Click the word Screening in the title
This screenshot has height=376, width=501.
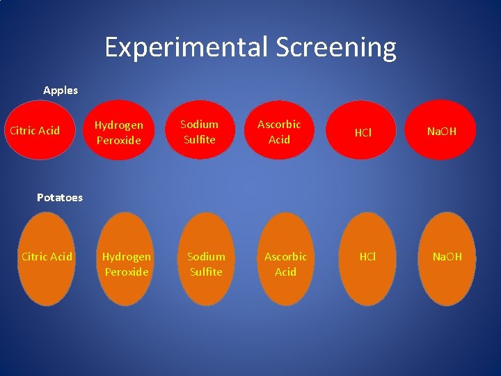[x=336, y=47]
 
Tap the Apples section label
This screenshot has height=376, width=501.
[x=61, y=90]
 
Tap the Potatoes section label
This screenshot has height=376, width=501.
[x=59, y=197]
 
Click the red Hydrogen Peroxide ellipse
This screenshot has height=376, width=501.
[x=118, y=132]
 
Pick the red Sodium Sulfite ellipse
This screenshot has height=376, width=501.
[x=199, y=132]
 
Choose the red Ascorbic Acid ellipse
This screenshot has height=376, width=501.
[x=279, y=132]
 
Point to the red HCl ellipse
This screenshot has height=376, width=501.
[x=363, y=132]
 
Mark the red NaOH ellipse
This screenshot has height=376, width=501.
[x=442, y=132]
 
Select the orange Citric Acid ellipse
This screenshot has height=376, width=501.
[x=47, y=258]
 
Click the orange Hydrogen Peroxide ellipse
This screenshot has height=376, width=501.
[x=126, y=259]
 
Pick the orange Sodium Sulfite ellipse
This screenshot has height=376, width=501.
[x=206, y=259]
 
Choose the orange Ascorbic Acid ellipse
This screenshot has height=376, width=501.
[x=285, y=259]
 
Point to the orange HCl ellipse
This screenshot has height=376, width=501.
[x=367, y=259]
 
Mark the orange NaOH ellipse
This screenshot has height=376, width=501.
[x=447, y=259]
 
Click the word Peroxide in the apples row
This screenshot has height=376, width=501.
[x=118, y=140]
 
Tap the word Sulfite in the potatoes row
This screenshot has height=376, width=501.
[x=206, y=272]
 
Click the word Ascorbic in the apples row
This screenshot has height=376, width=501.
[x=279, y=124]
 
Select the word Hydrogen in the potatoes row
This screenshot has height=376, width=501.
[x=126, y=256]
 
